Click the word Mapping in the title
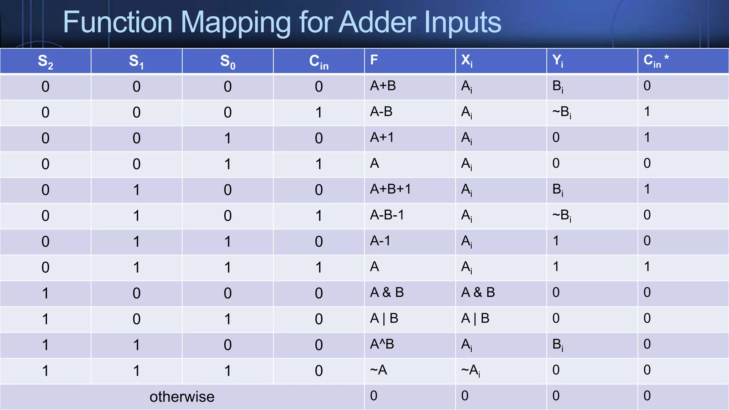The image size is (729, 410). pyautogui.click(x=236, y=23)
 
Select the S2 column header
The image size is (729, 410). pyautogui.click(x=46, y=61)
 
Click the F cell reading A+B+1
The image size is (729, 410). pyautogui.click(x=390, y=189)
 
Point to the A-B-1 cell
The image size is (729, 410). pyautogui.click(x=387, y=215)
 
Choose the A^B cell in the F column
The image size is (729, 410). pyautogui.click(x=382, y=344)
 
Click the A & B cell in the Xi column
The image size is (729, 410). pyautogui.click(x=478, y=293)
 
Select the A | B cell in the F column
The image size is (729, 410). pyautogui.click(x=384, y=318)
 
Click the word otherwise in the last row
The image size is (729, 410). pyautogui.click(x=182, y=396)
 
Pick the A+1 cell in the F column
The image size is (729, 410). pyautogui.click(x=382, y=137)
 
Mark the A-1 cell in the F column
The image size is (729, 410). pyautogui.click(x=380, y=241)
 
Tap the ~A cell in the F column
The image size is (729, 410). pyautogui.click(x=378, y=370)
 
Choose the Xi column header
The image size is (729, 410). pyautogui.click(x=467, y=61)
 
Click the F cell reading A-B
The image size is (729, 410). pyautogui.click(x=381, y=112)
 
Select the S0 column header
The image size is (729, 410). pyautogui.click(x=228, y=61)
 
